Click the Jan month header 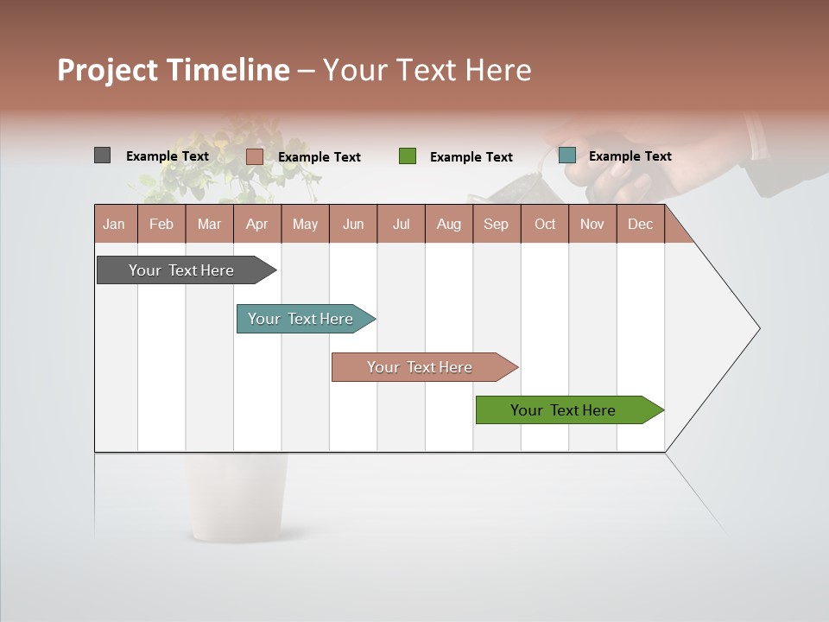pos(114,225)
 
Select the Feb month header pos(161,225)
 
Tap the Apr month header pos(256,225)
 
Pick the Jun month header pos(352,225)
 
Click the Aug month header pos(448,225)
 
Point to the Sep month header pos(496,225)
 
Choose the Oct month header pos(545,225)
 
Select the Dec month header pos(640,225)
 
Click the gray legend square pos(102,155)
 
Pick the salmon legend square pos(254,156)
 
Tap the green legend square pos(408,156)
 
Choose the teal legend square pos(566,155)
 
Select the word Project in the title pos(107,70)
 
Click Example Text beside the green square pos(471,157)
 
